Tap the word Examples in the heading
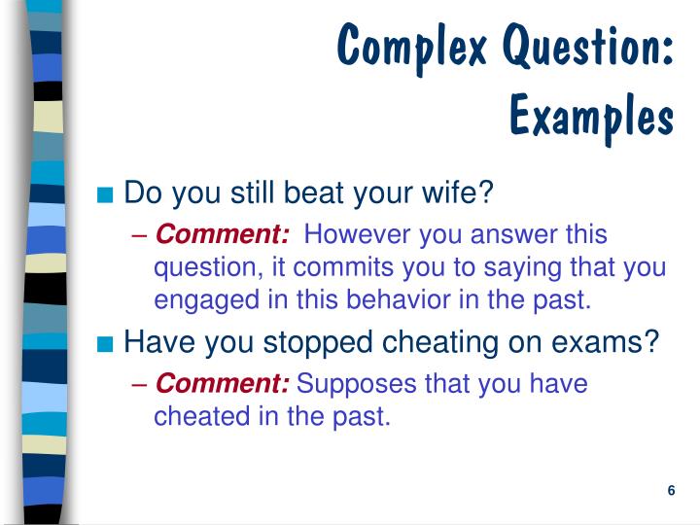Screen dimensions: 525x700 [x=591, y=116]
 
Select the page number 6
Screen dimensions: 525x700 [x=672, y=490]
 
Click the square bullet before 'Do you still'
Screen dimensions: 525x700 [x=108, y=193]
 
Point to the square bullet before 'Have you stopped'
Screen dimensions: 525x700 [x=108, y=342]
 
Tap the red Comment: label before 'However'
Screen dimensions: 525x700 [x=223, y=234]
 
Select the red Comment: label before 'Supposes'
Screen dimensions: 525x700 [x=223, y=384]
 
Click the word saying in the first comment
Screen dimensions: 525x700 [x=540, y=267]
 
